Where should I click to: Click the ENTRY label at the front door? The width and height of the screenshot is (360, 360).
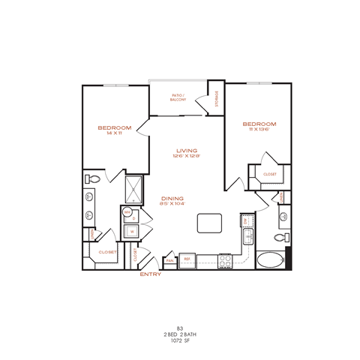coord(150,274)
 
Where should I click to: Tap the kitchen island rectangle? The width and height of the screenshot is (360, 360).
coord(210,223)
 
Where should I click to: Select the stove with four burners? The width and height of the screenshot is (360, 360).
coord(224,260)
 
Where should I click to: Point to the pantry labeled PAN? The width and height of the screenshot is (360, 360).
coord(170,261)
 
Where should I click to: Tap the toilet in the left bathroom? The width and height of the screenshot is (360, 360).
coord(91,178)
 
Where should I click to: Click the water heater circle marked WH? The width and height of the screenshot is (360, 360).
coord(127,212)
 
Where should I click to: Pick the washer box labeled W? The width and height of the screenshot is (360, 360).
coord(131,232)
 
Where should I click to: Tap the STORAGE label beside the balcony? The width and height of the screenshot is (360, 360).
coord(217,97)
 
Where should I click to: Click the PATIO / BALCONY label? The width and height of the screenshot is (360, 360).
coord(178,97)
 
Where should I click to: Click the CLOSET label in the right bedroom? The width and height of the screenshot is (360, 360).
coord(270,175)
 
